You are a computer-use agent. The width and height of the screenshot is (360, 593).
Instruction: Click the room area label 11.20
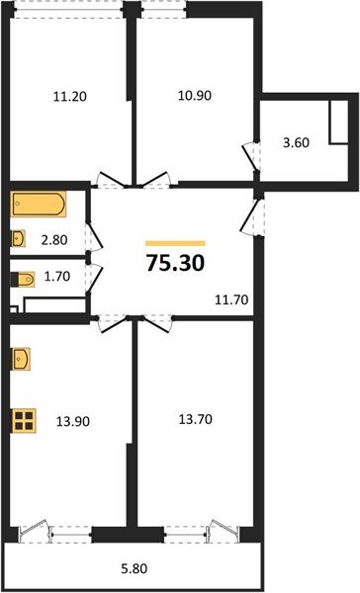click(66, 97)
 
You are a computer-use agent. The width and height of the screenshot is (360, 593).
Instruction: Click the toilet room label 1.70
click(56, 280)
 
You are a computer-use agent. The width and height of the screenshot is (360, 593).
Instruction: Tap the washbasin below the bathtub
click(20, 237)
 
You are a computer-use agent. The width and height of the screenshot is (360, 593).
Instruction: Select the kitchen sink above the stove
click(21, 356)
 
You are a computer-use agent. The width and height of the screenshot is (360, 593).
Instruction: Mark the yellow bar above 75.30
click(175, 242)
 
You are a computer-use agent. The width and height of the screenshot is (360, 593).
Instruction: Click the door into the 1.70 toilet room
click(92, 279)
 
